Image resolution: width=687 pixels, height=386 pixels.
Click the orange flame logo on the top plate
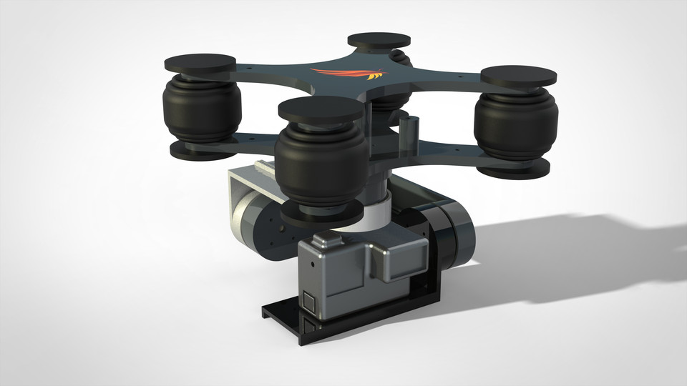[x=346, y=74]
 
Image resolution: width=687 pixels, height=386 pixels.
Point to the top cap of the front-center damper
[x=320, y=109]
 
